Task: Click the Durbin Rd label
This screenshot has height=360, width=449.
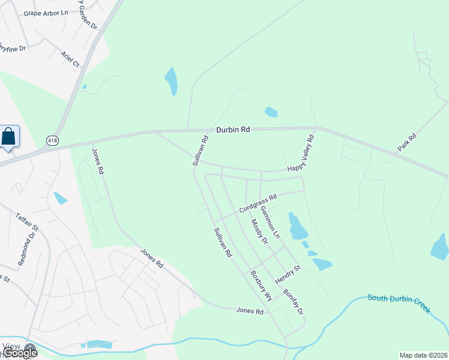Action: [233, 129]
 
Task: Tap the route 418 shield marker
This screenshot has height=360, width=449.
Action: [52, 140]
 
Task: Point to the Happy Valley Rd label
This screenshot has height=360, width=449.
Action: [301, 153]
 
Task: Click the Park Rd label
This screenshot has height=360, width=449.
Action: [406, 142]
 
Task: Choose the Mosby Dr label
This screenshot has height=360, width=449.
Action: [259, 232]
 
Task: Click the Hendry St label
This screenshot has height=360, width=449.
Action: [287, 275]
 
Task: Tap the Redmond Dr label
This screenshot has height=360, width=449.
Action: [27, 248]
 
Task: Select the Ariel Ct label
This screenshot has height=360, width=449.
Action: [70, 58]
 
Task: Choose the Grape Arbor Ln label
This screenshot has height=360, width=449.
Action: [46, 13]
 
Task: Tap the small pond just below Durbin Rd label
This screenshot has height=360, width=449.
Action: [271, 112]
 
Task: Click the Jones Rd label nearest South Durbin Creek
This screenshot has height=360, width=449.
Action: [250, 311]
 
